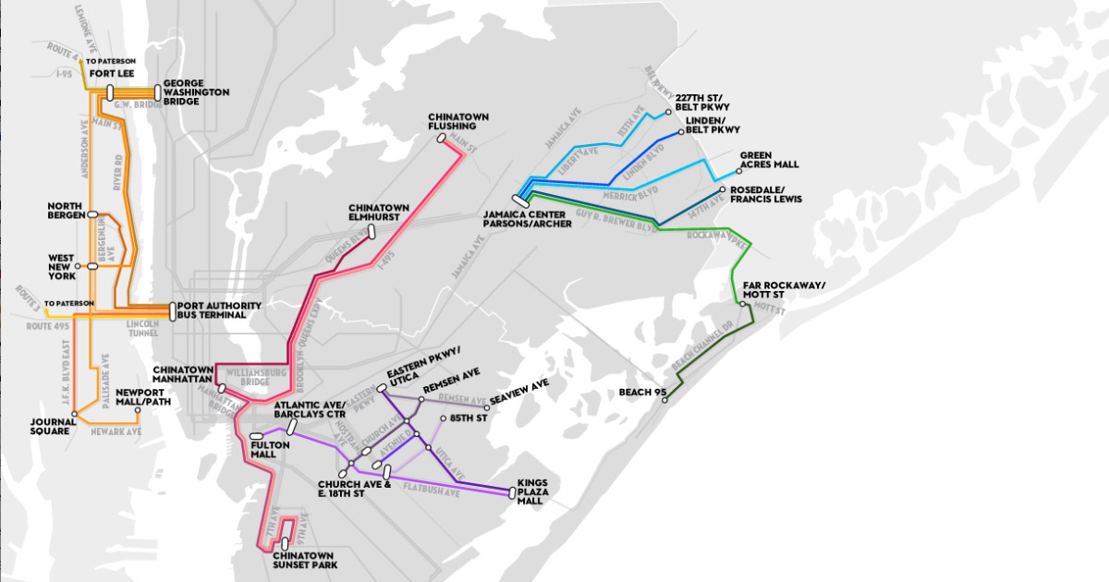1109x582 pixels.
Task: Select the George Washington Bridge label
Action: click(195, 91)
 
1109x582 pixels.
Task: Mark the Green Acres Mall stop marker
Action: click(737, 170)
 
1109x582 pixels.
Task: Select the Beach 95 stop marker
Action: click(664, 400)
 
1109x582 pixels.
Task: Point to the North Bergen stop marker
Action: click(92, 214)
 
